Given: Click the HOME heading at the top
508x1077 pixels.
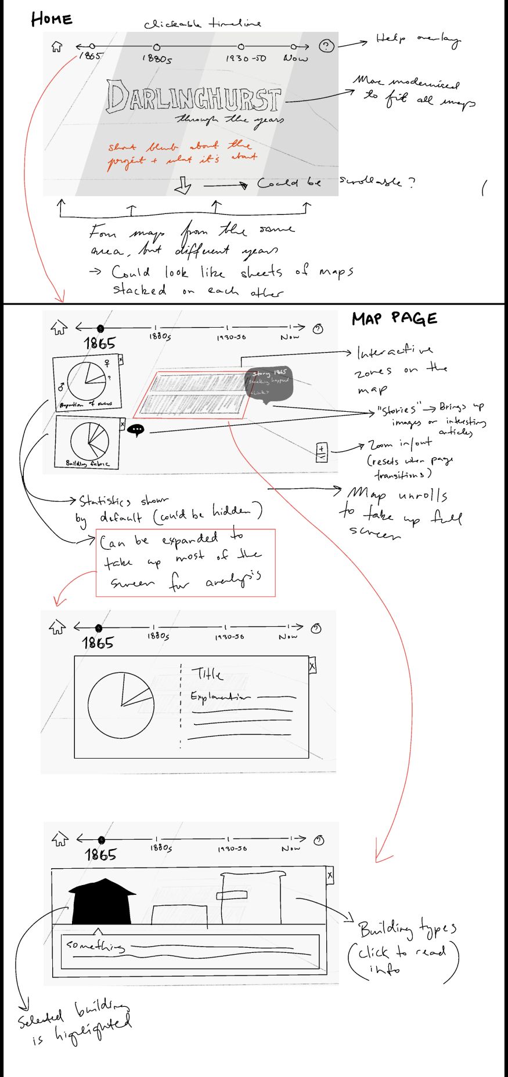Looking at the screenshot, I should click(x=52, y=19).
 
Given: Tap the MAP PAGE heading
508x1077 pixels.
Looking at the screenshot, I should click(x=394, y=318).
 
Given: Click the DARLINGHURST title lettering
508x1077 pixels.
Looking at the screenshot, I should click(x=193, y=97).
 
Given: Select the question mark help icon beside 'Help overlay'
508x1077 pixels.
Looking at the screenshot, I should click(x=327, y=46).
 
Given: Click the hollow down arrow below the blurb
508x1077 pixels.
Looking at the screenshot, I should click(x=183, y=186).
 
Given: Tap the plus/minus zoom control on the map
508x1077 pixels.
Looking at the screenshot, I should click(x=322, y=452).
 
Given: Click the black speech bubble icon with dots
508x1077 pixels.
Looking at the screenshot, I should click(x=136, y=430).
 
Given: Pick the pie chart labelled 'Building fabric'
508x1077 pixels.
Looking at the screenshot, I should click(x=89, y=440).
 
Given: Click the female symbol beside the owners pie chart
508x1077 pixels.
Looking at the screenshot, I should click(x=107, y=363).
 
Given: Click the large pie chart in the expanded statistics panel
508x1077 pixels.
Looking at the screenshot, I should click(x=121, y=705).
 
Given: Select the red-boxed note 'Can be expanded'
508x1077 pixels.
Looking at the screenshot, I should click(x=185, y=562).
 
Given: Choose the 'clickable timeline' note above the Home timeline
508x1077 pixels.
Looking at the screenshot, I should click(x=202, y=24).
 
